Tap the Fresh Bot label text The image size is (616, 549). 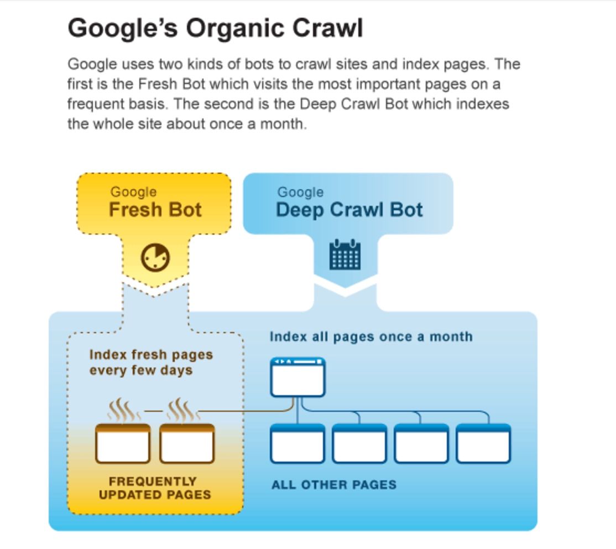(x=155, y=209)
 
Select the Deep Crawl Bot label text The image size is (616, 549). (x=349, y=210)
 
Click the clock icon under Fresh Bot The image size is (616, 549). (x=155, y=257)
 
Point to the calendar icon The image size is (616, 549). (x=345, y=255)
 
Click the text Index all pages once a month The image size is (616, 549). (x=371, y=336)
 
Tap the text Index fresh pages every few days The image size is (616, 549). (x=151, y=362)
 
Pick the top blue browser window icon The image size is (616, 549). (x=298, y=377)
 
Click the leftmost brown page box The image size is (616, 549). (x=123, y=443)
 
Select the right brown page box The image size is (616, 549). (x=187, y=443)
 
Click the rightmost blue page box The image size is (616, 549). (x=483, y=443)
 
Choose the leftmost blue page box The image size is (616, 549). (x=297, y=443)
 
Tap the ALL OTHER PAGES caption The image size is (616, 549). (x=334, y=484)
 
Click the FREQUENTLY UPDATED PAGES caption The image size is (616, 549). (x=155, y=488)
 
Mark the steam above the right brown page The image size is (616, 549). (x=184, y=410)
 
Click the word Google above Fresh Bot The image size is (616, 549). (x=134, y=192)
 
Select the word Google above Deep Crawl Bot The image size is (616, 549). (x=301, y=192)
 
